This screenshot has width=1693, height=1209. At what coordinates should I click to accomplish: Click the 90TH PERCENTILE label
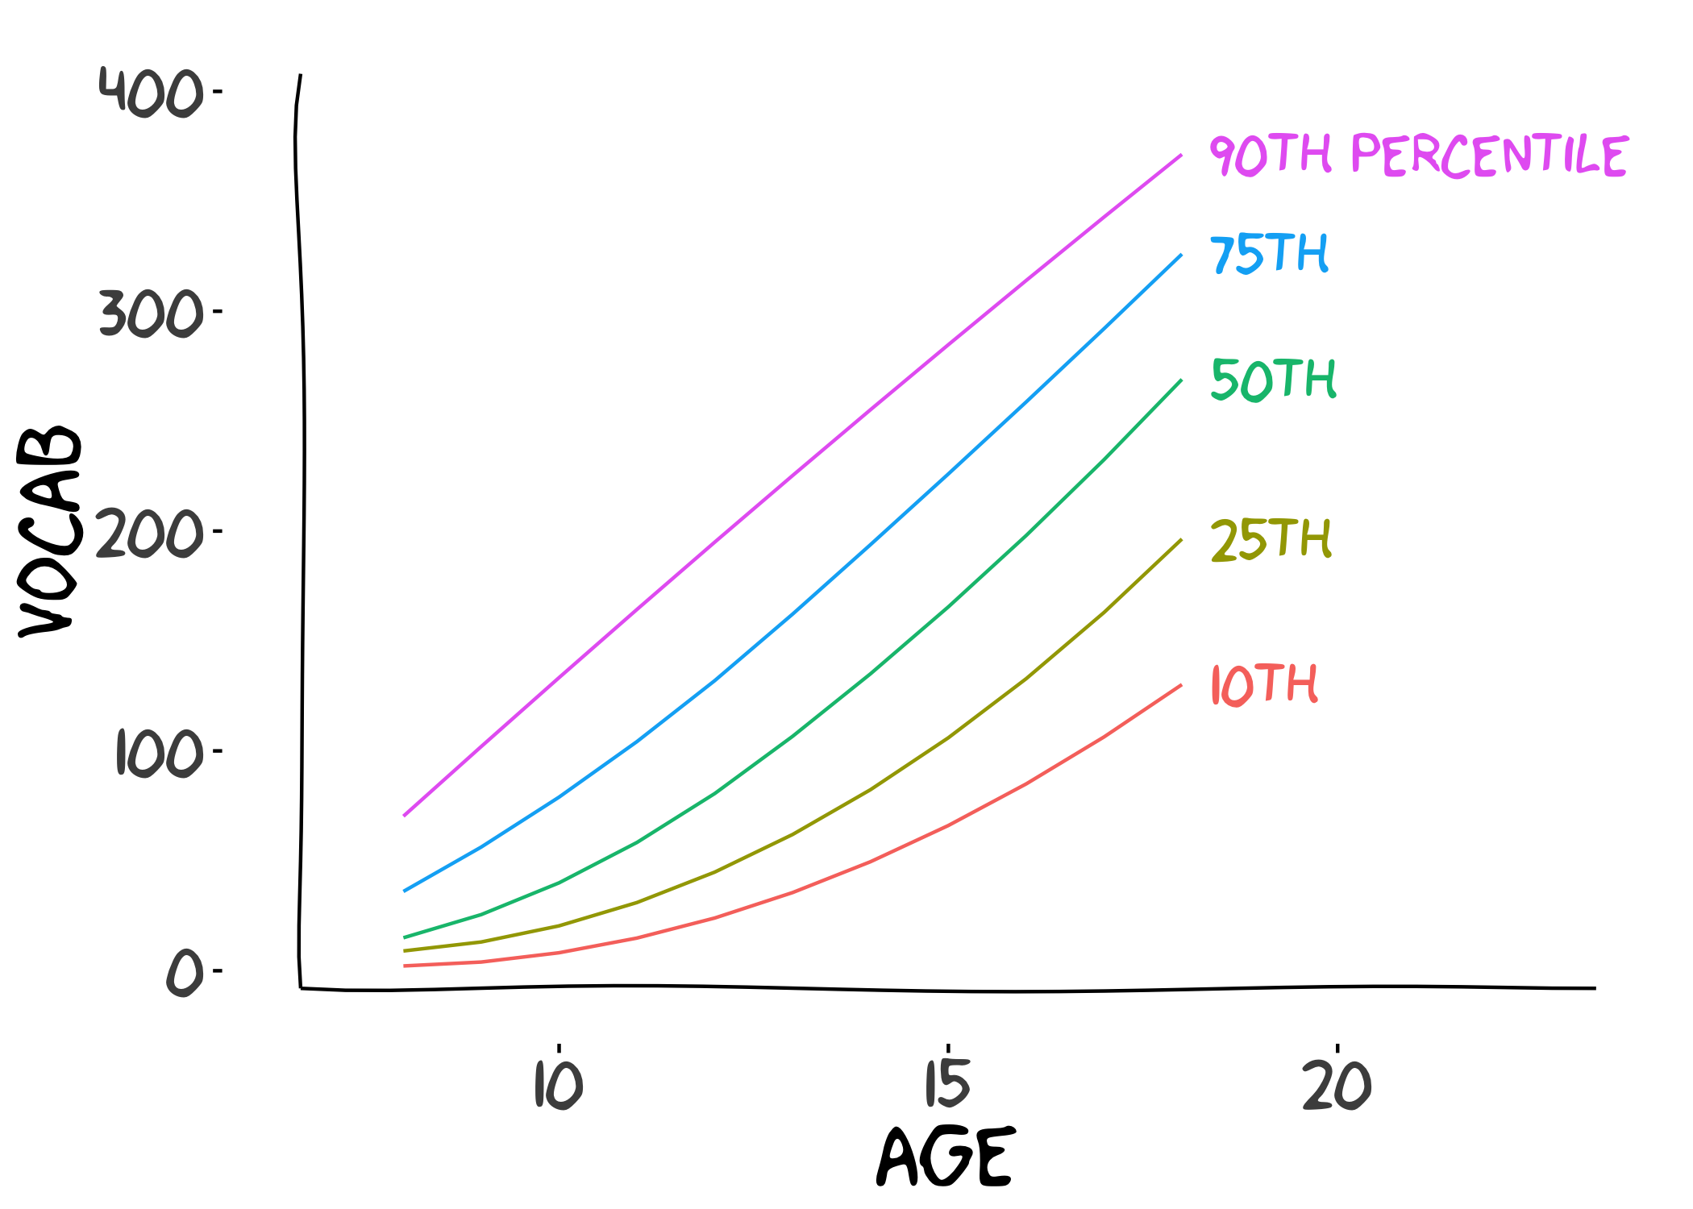(1419, 156)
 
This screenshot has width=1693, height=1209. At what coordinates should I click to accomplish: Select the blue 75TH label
(1269, 254)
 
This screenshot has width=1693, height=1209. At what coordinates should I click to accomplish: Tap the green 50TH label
(1274, 380)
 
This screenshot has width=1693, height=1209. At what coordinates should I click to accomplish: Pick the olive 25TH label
(1271, 539)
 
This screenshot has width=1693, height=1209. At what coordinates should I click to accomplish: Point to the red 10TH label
(1264, 685)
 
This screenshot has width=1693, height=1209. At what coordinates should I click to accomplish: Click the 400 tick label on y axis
(151, 92)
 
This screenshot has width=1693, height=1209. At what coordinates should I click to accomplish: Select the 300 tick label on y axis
(151, 313)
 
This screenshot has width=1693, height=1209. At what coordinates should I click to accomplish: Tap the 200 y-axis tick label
(151, 534)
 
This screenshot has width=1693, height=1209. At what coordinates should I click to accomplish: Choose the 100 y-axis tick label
(159, 754)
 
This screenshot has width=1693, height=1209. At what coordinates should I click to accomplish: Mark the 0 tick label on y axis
(184, 973)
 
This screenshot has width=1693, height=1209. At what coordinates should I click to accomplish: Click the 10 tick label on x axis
(558, 1085)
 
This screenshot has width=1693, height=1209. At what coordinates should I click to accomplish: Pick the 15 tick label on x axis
(947, 1084)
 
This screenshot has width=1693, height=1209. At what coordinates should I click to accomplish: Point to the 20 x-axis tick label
(1337, 1085)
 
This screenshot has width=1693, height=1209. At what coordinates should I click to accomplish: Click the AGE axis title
(945, 1157)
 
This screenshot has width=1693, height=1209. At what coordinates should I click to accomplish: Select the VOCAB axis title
(50, 531)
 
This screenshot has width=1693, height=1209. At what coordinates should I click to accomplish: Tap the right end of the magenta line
(1181, 155)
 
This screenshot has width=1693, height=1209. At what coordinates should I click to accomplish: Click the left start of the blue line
(404, 891)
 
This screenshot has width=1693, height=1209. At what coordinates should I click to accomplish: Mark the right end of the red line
(1181, 685)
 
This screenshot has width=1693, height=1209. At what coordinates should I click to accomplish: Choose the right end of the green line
(1181, 380)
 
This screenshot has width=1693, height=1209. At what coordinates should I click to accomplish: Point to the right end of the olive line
(1181, 539)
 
